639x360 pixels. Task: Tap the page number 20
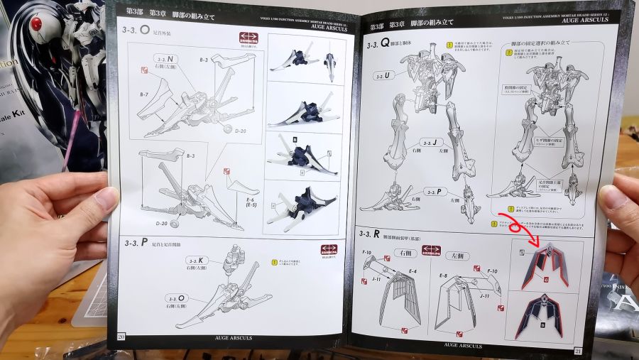[122, 336]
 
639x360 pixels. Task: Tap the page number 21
[577, 350]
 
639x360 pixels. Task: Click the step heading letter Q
[386, 43]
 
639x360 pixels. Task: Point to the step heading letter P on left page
[145, 242]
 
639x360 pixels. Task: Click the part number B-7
[143, 94]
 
